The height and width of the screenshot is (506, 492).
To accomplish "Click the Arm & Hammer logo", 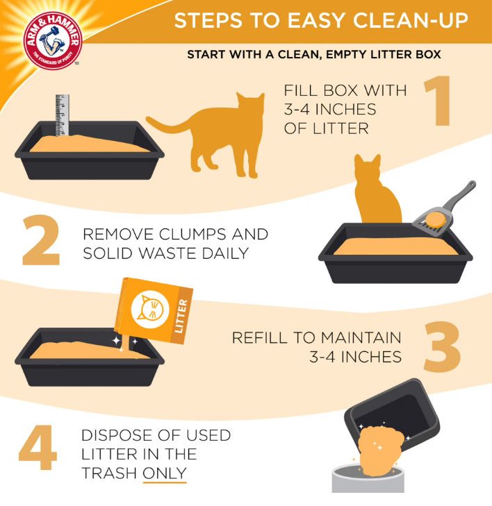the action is click(x=53, y=41).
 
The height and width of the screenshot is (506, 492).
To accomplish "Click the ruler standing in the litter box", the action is click(x=62, y=115).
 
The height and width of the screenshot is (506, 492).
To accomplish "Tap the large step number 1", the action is click(x=438, y=101).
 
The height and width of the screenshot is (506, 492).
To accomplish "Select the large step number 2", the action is click(x=42, y=239).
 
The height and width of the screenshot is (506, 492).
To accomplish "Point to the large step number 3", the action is click(x=442, y=347).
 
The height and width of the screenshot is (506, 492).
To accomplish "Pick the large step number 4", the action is click(x=38, y=447).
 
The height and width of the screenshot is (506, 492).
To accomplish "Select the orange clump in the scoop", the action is click(x=436, y=220).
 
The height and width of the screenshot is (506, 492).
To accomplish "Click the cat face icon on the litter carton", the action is click(x=150, y=310).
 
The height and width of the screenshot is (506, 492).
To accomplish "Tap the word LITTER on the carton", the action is click(x=181, y=316).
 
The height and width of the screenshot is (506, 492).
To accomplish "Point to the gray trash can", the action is click(x=368, y=479).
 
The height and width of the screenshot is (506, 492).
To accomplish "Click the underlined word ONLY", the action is click(x=165, y=473).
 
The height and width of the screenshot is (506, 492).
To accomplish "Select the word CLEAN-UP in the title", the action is click(x=411, y=20).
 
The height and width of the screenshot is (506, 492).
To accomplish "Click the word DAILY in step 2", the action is click(x=225, y=253).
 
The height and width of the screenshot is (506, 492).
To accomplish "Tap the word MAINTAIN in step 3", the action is click(x=361, y=338).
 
